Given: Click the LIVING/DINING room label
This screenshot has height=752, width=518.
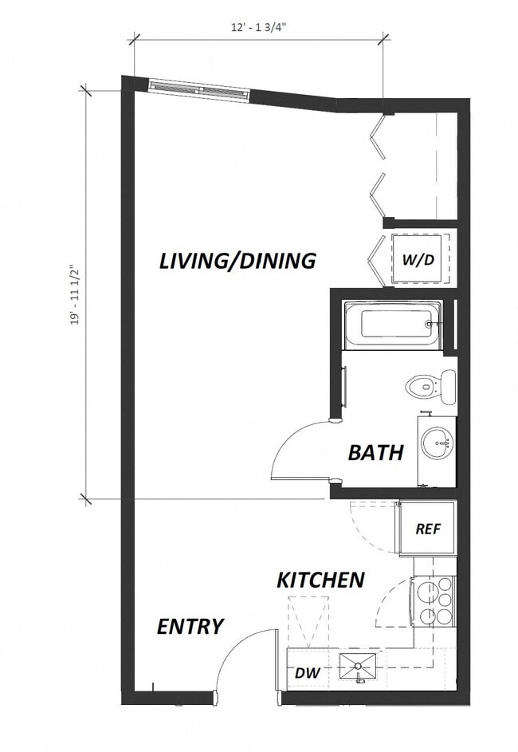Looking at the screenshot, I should pos(237,261).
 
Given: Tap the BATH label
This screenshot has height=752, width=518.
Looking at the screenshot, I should pos(375,453).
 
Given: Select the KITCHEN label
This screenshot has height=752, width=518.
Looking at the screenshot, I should pos(320,580).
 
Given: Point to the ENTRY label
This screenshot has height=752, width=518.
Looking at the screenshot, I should pos(190,627).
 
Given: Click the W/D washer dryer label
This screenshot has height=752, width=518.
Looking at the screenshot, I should pos(418,260).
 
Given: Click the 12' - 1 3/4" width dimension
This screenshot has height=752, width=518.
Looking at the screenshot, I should pos(260,27).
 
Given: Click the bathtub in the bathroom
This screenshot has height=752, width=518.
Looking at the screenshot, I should pos(393,325).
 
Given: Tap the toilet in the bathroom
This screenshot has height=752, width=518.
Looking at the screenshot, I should pos(430,388).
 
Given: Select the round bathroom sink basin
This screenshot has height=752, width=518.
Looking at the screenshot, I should pos(436,443).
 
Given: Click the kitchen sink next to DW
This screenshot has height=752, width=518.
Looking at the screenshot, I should pos(358,667).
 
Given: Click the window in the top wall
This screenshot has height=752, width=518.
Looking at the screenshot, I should pos(199,90).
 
